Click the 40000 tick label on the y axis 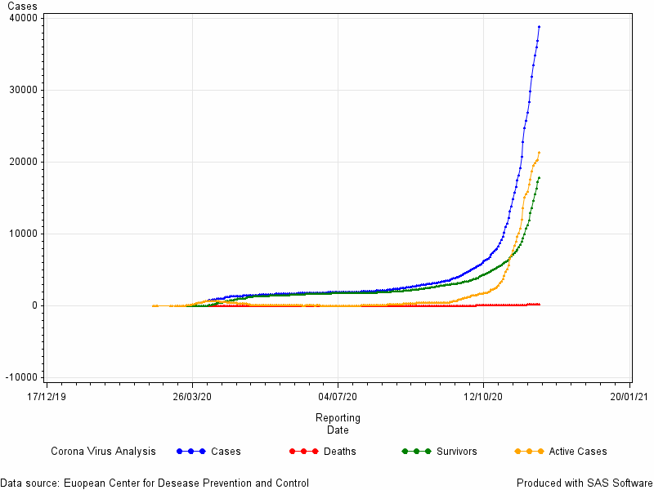[x=23, y=18]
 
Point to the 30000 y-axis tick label [x=23, y=90]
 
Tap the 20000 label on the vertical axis [x=23, y=162]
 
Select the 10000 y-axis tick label [x=23, y=234]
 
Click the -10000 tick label [x=21, y=377]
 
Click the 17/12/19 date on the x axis [x=47, y=396]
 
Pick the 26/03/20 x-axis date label [x=192, y=396]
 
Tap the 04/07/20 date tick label [x=338, y=396]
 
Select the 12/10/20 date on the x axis [x=483, y=396]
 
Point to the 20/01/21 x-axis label [x=629, y=396]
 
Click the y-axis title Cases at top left [x=23, y=7]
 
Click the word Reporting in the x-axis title [x=338, y=418]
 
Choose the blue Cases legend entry [x=208, y=452]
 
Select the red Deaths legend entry [x=322, y=452]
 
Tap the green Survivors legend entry [x=439, y=452]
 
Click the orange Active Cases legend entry [x=561, y=452]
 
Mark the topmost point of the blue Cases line [x=540, y=27]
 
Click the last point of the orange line [x=540, y=153]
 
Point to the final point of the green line [x=540, y=178]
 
